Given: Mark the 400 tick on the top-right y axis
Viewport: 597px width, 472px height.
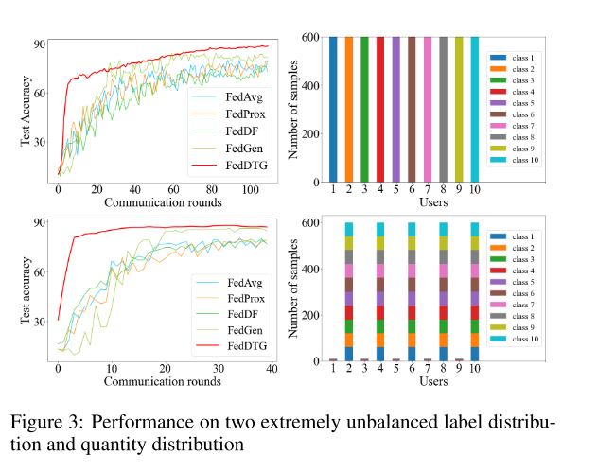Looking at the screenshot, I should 309,85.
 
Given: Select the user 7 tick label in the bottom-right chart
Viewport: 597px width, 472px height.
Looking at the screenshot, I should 428,370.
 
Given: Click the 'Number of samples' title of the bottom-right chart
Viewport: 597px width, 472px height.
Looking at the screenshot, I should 292,289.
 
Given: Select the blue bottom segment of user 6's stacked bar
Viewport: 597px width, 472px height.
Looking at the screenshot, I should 413,354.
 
